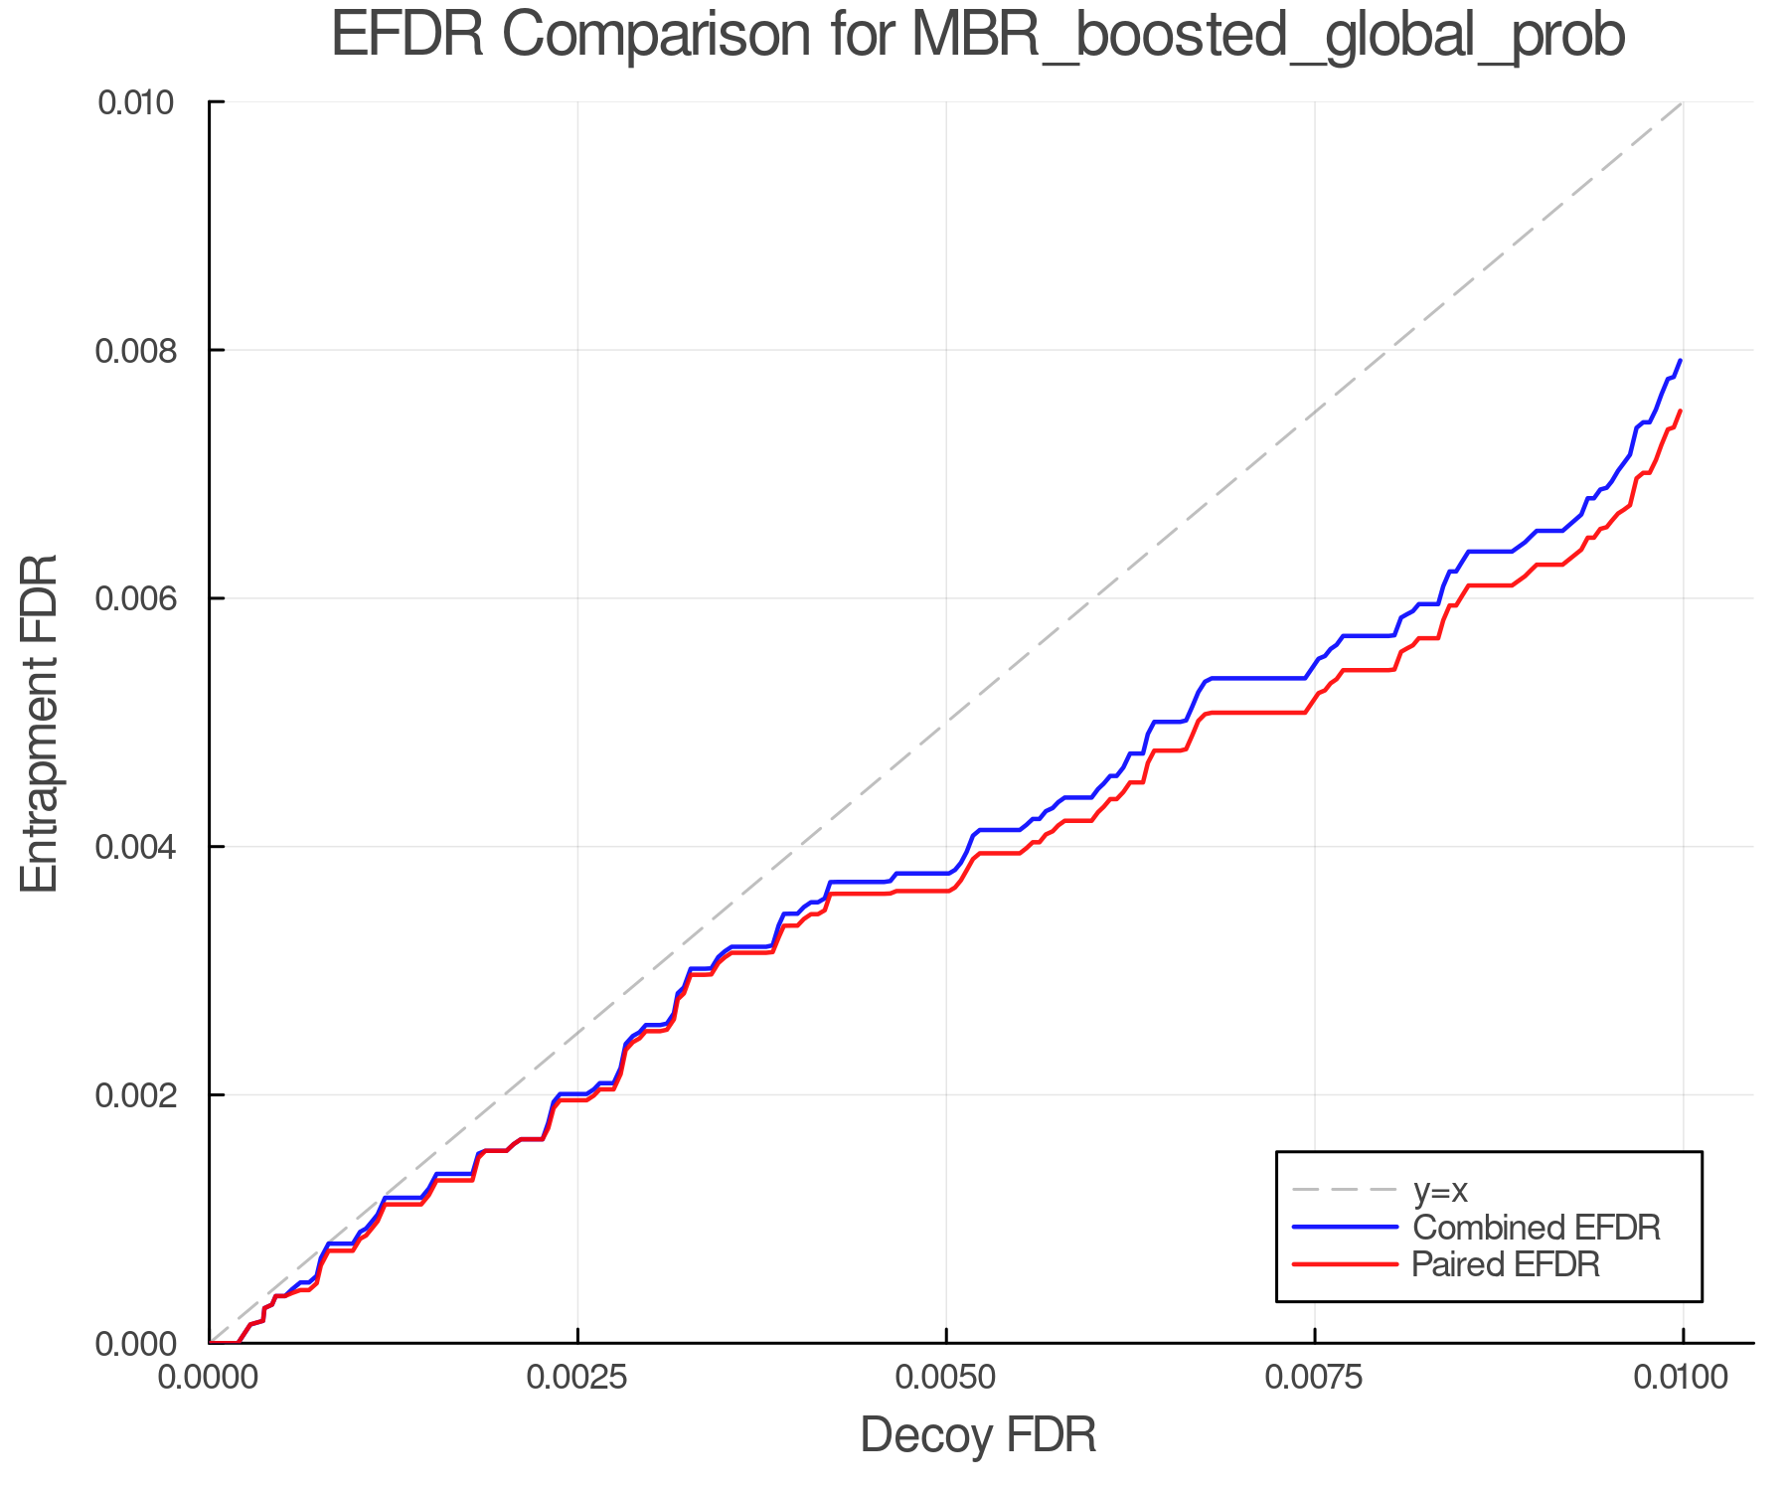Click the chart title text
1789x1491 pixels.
click(978, 36)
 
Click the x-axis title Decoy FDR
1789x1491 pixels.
click(978, 1435)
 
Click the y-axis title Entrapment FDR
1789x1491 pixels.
click(40, 723)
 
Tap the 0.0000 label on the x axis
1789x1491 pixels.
click(209, 1378)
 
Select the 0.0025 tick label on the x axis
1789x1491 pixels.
click(577, 1378)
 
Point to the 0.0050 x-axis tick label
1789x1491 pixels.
click(946, 1378)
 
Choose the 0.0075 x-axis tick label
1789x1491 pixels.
click(1314, 1378)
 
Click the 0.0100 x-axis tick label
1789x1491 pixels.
click(1682, 1378)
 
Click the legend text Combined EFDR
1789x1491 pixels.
click(1537, 1228)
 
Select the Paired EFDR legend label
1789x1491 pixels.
click(1506, 1264)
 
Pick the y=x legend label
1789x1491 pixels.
click(1440, 1190)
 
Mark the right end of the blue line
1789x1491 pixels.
click(1681, 361)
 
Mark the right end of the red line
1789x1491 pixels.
click(1681, 411)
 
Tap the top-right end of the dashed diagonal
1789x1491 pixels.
click(1682, 102)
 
